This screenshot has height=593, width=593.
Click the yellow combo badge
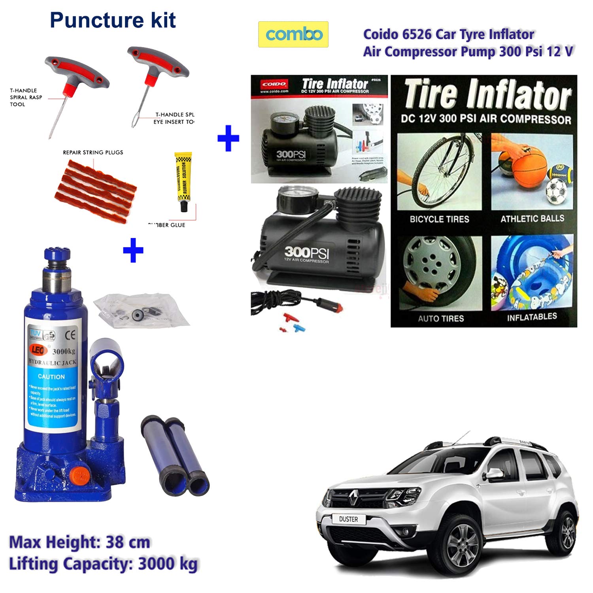click(x=293, y=34)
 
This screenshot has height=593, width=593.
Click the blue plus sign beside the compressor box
click(x=229, y=138)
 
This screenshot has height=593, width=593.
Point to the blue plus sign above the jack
click(x=133, y=250)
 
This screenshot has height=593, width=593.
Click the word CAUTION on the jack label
click(x=51, y=377)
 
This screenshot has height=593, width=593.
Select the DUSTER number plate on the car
click(x=348, y=519)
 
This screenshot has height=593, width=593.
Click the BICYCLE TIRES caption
click(x=439, y=219)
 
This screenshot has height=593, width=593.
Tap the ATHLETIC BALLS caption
click(x=532, y=219)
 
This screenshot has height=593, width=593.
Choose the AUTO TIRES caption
click(x=441, y=318)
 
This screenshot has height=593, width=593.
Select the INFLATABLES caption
click(x=532, y=317)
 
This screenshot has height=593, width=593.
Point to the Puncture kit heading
click(x=113, y=20)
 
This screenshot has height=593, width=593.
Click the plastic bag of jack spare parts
click(x=142, y=309)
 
